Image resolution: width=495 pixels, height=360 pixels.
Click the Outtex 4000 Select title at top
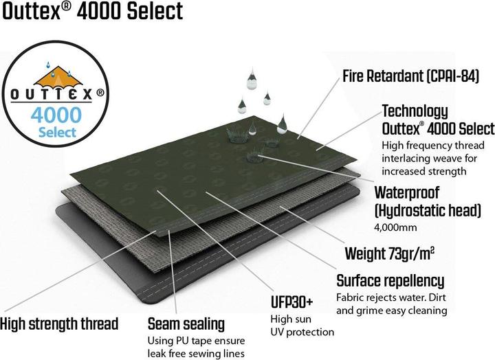coord(92,12)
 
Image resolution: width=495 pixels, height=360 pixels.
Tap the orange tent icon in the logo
coord(58,77)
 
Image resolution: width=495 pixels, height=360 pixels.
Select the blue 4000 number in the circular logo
coord(56,115)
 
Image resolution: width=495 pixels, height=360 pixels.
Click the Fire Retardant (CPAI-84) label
coord(410,76)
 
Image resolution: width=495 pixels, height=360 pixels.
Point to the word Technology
coord(415,111)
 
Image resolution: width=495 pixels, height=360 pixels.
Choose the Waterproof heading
coord(406,192)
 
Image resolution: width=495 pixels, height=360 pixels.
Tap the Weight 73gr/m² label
coord(390,254)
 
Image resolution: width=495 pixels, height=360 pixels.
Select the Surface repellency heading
coord(390,281)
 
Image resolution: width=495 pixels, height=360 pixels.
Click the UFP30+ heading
coord(291,302)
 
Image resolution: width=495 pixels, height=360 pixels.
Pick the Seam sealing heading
coord(186,324)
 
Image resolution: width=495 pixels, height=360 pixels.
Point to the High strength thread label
coord(59,324)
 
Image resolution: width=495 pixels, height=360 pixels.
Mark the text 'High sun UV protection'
coord(302,326)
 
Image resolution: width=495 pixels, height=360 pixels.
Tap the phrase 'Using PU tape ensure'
coord(197,341)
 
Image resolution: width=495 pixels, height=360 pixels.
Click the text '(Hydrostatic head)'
coord(428,210)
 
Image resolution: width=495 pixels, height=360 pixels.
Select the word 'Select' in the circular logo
coord(57,132)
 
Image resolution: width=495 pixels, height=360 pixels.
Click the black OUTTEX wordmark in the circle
coord(52,94)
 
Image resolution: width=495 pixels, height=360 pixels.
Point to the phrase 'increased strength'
coord(424,171)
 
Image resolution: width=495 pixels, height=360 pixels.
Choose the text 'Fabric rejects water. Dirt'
coord(390,297)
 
